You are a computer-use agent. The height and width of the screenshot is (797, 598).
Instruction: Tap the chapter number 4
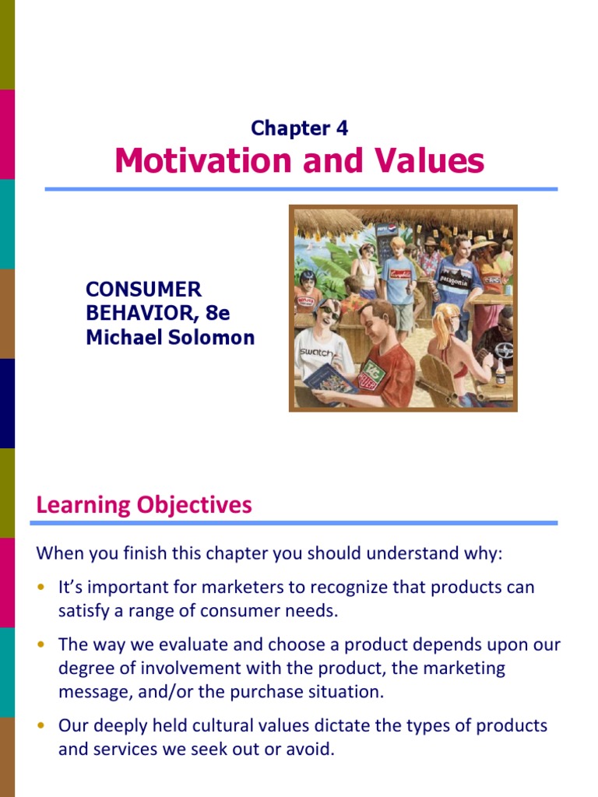[x=342, y=128]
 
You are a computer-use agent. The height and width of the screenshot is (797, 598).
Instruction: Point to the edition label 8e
[x=218, y=314]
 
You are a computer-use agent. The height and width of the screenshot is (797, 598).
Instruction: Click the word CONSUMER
[x=143, y=290]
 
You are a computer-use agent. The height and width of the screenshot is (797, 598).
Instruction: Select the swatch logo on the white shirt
[x=315, y=352]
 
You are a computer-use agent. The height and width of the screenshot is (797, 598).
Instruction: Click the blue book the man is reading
[x=330, y=381]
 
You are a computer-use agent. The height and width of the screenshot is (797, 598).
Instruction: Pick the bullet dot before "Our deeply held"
[x=41, y=726]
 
